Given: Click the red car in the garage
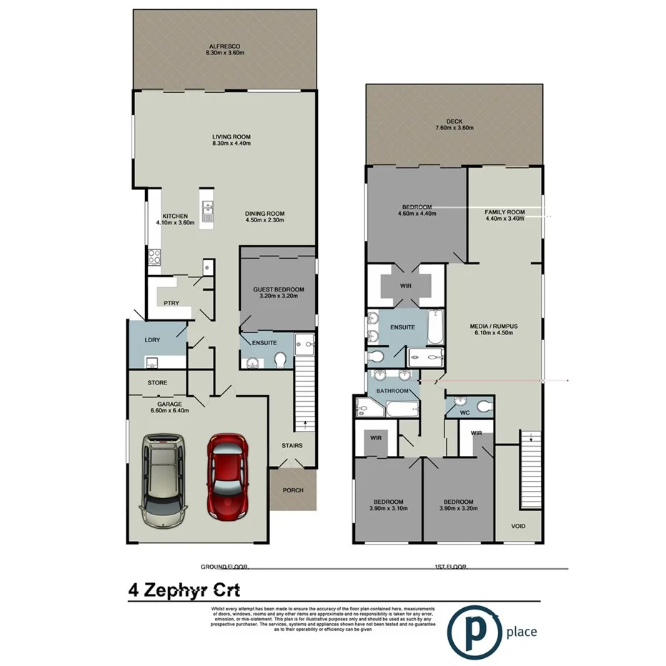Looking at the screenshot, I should point(227,477).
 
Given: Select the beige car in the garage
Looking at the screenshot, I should point(164,481).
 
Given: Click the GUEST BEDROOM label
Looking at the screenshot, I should point(278,289).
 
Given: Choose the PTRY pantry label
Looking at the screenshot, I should point(171,302).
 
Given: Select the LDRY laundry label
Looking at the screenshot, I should point(151,339).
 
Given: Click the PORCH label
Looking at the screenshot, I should point(293,490).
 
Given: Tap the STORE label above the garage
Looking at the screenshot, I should point(157,383).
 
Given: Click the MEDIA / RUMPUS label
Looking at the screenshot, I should point(494,326).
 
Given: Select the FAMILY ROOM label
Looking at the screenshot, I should point(505,212).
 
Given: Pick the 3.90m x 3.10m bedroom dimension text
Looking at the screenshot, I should point(388,509).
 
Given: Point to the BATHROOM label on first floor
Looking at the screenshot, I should point(392,391).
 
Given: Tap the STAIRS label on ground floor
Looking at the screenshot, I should point(292,446).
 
